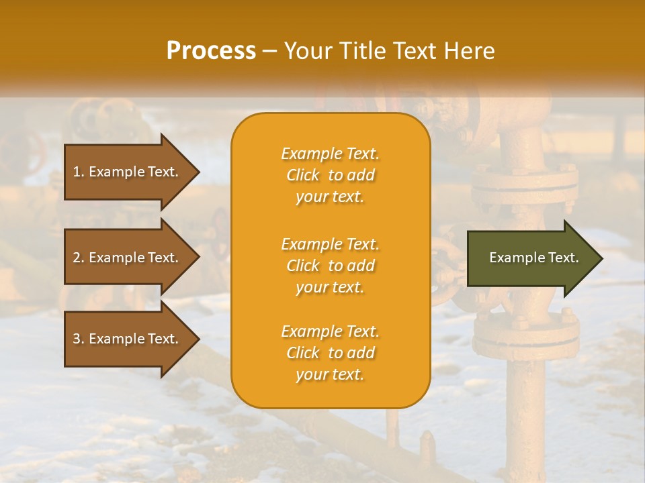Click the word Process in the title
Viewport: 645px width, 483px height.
point(211,50)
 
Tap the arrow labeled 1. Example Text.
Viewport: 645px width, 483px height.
point(128,172)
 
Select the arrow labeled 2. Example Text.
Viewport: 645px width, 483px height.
point(128,258)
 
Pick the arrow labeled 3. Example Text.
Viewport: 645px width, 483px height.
point(128,339)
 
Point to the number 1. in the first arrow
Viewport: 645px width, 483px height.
point(79,172)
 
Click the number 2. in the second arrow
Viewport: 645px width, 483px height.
point(79,258)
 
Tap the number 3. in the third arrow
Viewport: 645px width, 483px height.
point(79,339)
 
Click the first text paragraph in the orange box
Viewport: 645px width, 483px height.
point(330,175)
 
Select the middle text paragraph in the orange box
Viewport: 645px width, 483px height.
point(330,266)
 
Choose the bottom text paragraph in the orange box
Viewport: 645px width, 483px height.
point(330,353)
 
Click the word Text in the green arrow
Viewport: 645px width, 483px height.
point(563,258)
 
